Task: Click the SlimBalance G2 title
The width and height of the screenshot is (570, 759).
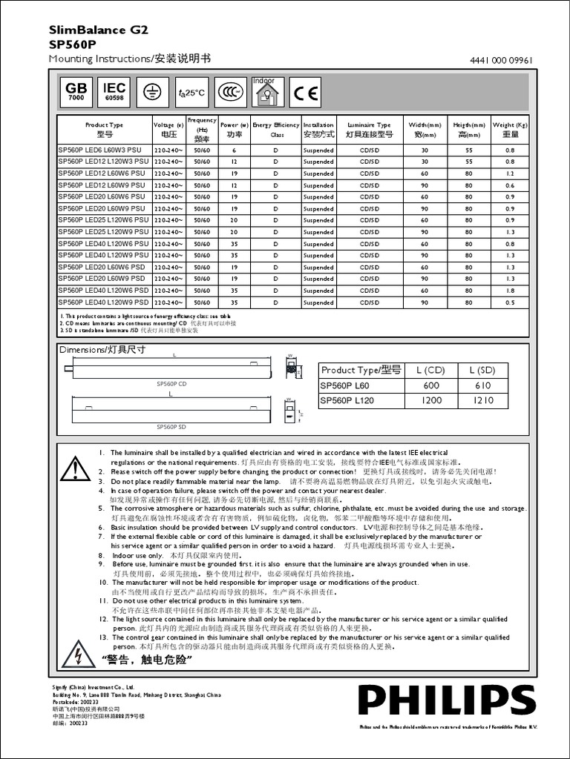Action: coord(98,30)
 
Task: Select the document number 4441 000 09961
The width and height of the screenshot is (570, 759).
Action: coord(501,61)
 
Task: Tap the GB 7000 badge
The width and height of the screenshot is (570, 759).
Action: coord(76,92)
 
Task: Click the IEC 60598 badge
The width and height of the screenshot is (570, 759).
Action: coord(114,92)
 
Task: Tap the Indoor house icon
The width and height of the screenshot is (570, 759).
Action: coord(266,93)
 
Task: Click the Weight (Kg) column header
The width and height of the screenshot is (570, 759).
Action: coord(510,130)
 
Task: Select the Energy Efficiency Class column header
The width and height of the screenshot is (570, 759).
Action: coord(276,130)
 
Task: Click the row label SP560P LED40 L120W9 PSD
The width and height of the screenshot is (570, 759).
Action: coord(104,302)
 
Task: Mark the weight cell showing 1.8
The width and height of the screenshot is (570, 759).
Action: coord(510,291)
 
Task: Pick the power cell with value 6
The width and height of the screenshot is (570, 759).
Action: coord(235,150)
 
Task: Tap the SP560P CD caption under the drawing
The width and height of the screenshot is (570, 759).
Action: coord(171,384)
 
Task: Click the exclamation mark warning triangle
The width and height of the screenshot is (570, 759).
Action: coord(75,469)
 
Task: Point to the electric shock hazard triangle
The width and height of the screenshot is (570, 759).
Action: coord(75,655)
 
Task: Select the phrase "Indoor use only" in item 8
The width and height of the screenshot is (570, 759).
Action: coord(137,554)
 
